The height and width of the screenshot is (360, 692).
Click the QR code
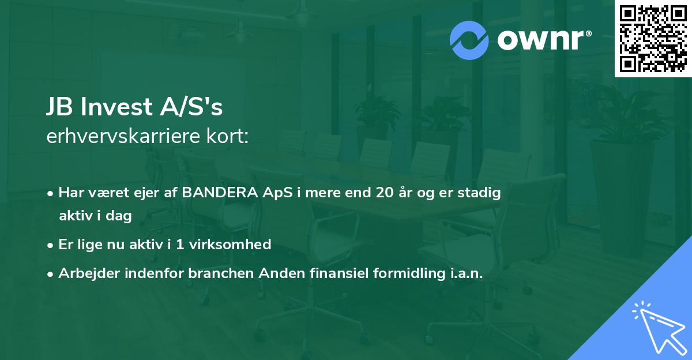point(653,39)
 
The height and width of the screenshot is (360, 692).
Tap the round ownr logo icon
point(469,40)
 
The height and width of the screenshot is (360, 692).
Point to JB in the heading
point(59,108)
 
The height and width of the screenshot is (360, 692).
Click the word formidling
point(409,274)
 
